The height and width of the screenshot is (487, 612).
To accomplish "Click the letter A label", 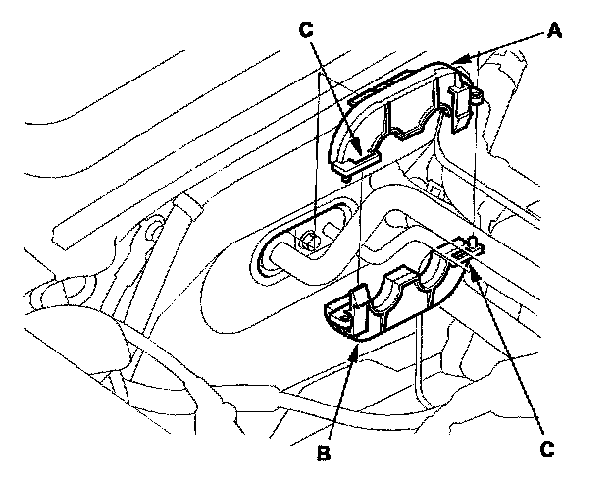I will click(554, 31).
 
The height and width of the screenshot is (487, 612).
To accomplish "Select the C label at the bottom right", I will click(548, 448).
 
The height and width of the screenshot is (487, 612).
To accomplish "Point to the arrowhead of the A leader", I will click(463, 60).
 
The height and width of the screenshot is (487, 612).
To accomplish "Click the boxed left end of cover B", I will click(338, 317).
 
